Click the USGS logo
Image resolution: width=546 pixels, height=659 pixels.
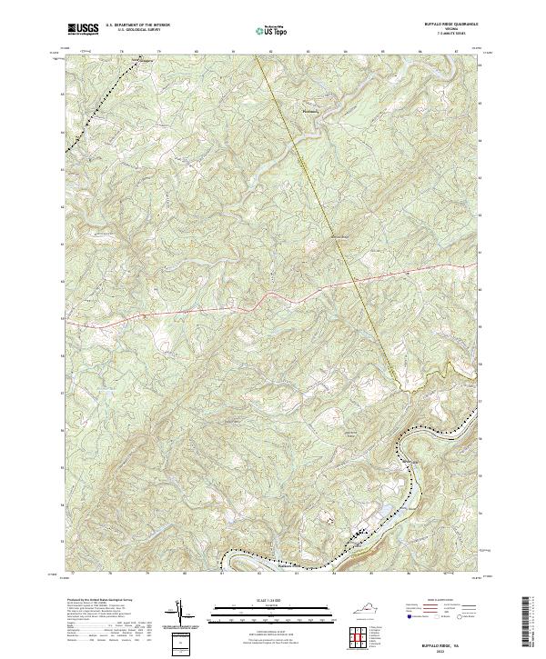click(x=83, y=29)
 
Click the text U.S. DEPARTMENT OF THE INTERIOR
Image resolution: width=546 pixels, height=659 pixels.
click(x=137, y=25)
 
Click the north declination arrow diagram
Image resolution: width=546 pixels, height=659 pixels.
click(x=180, y=612)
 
